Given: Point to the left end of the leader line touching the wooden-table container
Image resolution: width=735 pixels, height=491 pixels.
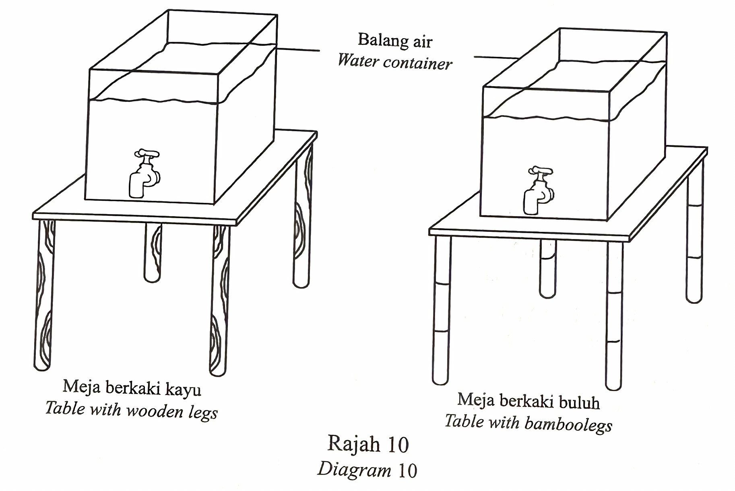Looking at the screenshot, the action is click(x=276, y=49).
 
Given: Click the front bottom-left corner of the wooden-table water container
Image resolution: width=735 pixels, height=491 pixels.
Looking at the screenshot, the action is click(x=85, y=199).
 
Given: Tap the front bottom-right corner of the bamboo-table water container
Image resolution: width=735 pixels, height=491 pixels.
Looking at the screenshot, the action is click(x=607, y=220).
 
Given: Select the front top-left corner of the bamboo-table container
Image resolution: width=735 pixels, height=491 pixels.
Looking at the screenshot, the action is click(x=483, y=87).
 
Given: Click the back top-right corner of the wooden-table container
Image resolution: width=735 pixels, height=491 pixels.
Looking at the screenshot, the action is click(x=277, y=15).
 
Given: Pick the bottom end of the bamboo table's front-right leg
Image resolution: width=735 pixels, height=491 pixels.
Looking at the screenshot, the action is click(x=613, y=390).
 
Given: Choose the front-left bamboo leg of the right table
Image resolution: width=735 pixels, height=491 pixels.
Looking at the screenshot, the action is click(x=441, y=310).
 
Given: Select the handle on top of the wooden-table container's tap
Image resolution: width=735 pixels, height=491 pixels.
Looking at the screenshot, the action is click(x=147, y=153).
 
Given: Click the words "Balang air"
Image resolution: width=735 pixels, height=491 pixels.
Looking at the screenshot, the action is click(x=395, y=41).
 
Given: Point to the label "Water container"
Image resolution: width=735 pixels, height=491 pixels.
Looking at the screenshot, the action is click(x=395, y=62).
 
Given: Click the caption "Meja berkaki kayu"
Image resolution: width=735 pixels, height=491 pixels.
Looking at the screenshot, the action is click(x=132, y=388).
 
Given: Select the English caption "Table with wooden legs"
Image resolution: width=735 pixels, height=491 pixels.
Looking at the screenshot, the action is click(x=131, y=410).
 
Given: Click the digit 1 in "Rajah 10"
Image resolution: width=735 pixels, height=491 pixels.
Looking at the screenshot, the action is click(x=390, y=444).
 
